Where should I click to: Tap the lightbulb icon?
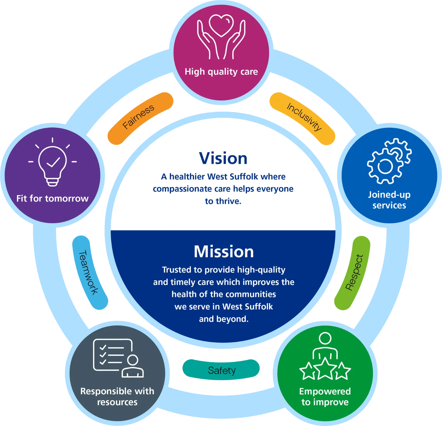[x=52, y=162]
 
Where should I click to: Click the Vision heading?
[x=223, y=158]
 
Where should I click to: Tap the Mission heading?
[x=224, y=252]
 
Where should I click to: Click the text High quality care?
[x=221, y=72]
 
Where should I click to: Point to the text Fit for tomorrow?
[x=52, y=199]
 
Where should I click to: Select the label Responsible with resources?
[x=117, y=396]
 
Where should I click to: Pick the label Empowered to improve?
[x=325, y=396]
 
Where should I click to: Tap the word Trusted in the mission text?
[x=176, y=270]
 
